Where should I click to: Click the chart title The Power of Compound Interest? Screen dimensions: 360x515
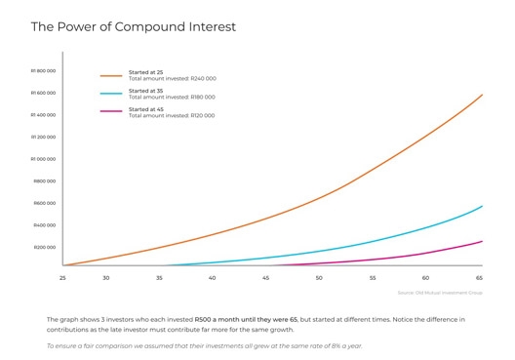133,26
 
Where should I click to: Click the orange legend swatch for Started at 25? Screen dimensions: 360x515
111,74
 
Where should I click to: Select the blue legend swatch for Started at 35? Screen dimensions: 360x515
111,93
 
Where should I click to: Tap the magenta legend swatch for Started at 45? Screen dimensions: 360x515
111,112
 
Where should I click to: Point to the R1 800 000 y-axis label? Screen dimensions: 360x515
43,71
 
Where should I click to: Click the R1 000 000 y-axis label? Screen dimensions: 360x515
43,159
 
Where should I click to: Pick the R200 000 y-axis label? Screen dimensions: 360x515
44,247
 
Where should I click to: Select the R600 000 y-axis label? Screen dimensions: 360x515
44,203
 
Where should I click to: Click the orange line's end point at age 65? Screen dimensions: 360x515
482,95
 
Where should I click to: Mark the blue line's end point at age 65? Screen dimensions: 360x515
482,206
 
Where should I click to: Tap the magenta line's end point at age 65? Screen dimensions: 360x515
482,241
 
